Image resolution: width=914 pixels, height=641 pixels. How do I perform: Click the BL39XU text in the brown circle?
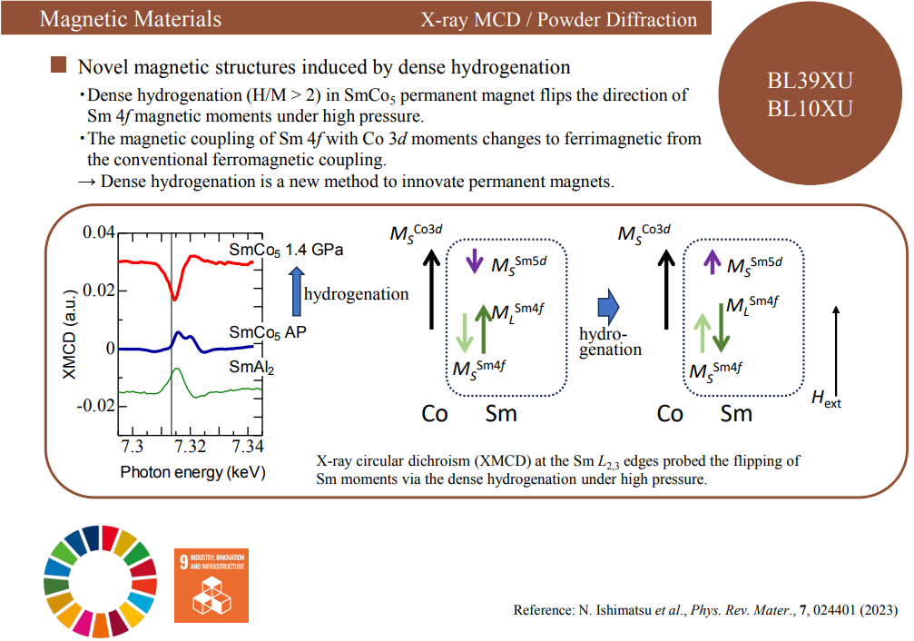tap(810, 81)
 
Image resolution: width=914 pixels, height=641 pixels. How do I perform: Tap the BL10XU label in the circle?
tap(810, 108)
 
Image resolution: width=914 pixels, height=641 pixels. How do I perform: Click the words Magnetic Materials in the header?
tap(131, 19)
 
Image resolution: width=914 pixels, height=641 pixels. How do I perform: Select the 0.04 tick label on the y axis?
tap(99, 232)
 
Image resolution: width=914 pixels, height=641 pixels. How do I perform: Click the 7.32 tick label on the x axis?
tap(190, 446)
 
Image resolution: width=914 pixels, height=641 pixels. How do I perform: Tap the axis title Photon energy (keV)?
tap(193, 472)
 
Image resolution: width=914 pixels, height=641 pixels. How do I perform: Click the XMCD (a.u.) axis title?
tap(69, 334)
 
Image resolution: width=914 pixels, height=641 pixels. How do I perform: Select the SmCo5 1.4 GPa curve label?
tap(286, 251)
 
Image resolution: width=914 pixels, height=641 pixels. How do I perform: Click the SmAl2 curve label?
tap(251, 368)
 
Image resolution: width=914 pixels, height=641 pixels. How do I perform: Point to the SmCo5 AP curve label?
tap(268, 333)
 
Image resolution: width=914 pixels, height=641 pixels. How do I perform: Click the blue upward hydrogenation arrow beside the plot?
tap(297, 291)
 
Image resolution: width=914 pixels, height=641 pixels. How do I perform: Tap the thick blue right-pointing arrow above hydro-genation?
tap(608, 307)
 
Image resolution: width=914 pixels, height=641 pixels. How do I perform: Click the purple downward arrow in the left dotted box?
tap(475, 261)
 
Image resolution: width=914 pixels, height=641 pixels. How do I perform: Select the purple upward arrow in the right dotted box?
tap(712, 261)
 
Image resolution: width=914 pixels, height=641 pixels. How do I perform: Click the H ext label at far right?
tap(827, 399)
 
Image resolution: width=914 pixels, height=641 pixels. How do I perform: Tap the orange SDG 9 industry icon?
tap(211, 586)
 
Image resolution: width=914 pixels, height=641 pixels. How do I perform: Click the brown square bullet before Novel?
tap(58, 64)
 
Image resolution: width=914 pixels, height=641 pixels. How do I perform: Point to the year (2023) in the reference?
tap(877, 610)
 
